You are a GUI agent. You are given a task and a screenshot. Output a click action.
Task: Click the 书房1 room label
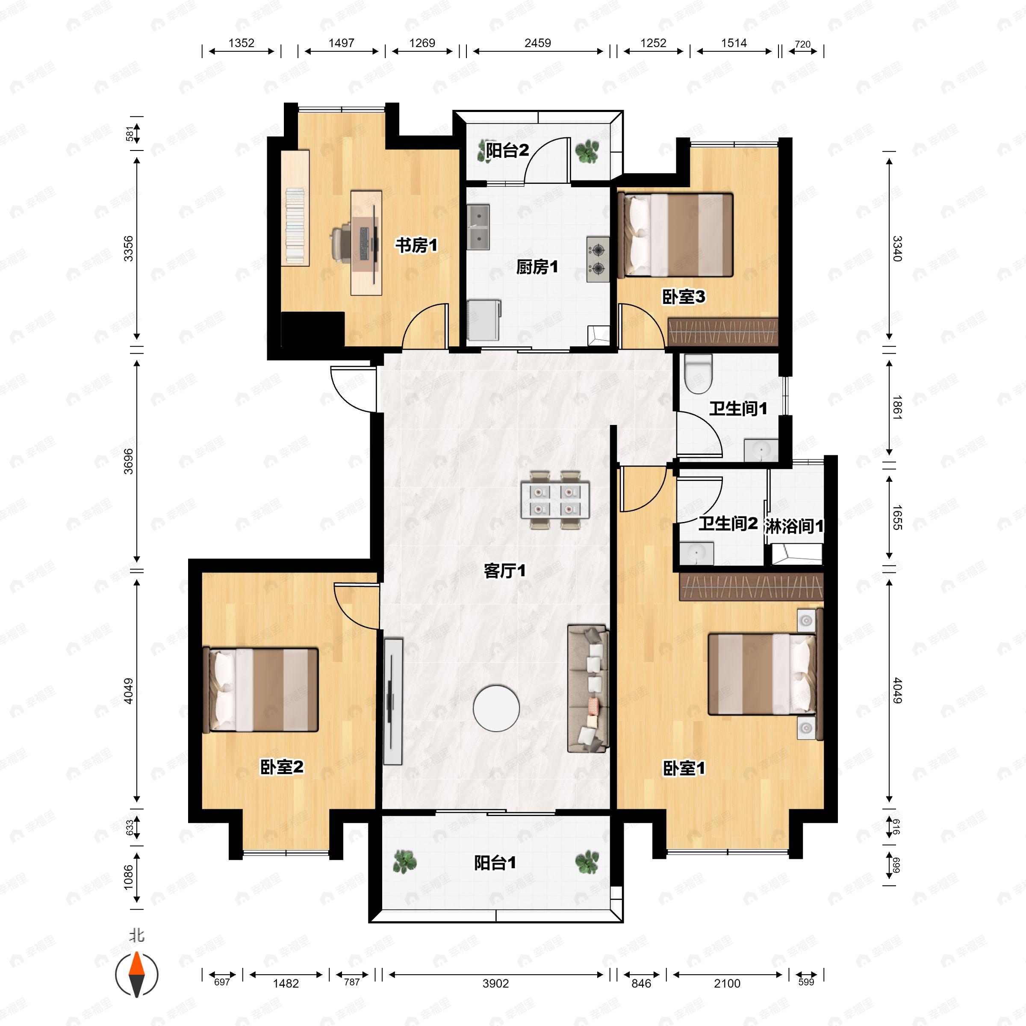coord(416,245)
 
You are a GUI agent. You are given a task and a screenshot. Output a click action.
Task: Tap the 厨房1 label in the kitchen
coord(537,267)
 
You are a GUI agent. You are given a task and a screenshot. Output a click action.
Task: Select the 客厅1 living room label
coord(504,571)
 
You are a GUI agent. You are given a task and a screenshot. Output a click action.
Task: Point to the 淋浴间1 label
coord(794,526)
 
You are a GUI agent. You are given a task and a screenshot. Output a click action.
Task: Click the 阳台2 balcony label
coord(507,150)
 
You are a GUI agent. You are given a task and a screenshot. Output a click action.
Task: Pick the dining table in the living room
coord(555,500)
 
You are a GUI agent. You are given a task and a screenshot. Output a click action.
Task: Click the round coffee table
coord(496,708)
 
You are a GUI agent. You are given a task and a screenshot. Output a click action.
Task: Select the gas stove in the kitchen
coord(598,259)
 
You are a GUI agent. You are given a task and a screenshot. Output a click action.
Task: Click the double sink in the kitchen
coord(478,227)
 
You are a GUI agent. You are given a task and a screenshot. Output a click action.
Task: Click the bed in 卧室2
coord(261,689)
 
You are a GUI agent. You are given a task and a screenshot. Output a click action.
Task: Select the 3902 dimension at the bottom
coord(495,984)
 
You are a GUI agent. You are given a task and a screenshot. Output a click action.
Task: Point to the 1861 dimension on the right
coord(897,407)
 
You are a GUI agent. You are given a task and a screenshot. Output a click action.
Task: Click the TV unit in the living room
coord(393,702)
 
